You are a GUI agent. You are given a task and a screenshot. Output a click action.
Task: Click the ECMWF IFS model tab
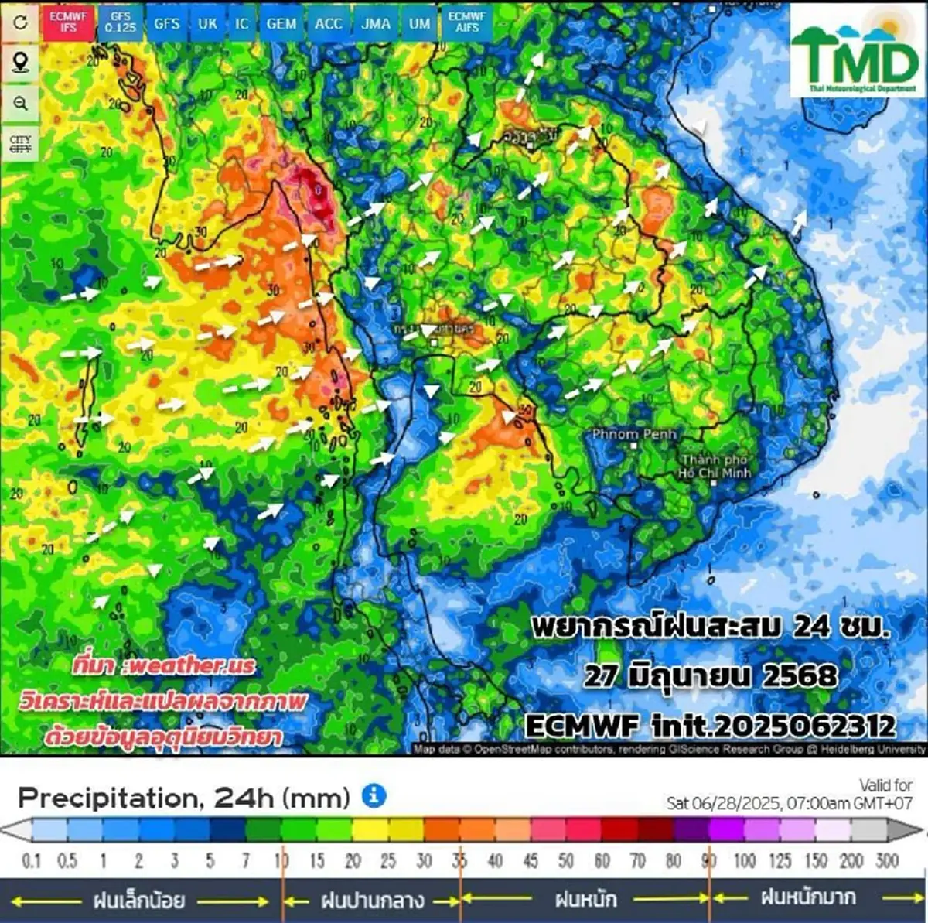coord(68,22)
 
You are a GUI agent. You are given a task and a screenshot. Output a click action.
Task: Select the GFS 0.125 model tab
coord(121,22)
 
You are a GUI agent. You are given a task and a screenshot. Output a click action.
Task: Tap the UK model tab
coord(207,23)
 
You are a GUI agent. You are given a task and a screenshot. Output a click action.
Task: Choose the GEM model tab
coord(281,23)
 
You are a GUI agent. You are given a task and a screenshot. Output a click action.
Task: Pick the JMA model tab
coord(376,23)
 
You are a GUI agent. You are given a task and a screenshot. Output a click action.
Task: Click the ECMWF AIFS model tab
coord(466,22)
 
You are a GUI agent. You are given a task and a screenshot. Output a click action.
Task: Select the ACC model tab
coord(328,23)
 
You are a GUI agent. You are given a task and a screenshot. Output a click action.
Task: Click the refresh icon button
coord(21,22)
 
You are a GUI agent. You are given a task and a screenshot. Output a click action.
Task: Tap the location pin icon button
coord(21,63)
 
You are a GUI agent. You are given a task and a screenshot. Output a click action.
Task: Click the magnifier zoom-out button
coord(21,103)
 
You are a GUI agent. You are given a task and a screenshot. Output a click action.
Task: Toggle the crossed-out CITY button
coord(21,144)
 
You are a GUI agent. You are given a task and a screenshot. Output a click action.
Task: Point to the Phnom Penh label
coord(634,435)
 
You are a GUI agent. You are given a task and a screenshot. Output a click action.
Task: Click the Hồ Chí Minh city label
coord(715,467)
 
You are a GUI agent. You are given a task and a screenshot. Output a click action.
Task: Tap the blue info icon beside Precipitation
coord(374,795)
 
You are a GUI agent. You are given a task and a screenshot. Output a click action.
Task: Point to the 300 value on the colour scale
coord(887,860)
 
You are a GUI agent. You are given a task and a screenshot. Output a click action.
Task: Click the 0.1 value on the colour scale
coord(32,860)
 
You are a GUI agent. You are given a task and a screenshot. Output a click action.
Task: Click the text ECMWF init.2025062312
coord(710,726)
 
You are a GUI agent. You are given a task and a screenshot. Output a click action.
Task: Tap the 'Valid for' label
coord(885,785)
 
